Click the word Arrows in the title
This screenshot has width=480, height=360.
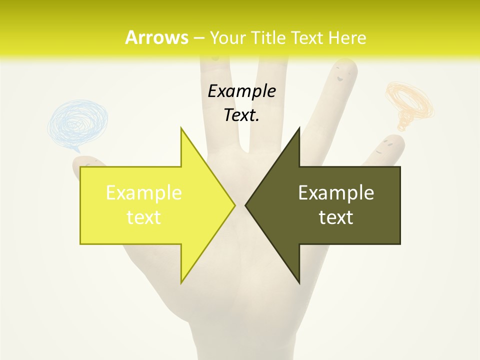coord(156,37)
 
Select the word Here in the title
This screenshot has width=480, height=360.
coord(346,37)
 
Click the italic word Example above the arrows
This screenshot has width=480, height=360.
coord(241,91)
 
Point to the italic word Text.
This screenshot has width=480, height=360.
coord(241,115)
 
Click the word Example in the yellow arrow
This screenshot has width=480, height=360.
coord(144,192)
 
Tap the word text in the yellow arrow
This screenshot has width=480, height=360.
coord(144,217)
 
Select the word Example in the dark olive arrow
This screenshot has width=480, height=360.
coord(336,192)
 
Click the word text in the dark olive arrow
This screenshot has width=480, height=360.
coord(336,217)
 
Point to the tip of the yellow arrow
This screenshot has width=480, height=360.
coord(234,205)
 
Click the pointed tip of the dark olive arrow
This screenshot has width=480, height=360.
coord(246,205)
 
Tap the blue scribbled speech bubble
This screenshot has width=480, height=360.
coord(77,122)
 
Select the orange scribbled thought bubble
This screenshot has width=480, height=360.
coord(409,102)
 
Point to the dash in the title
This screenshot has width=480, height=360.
coord(198,38)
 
